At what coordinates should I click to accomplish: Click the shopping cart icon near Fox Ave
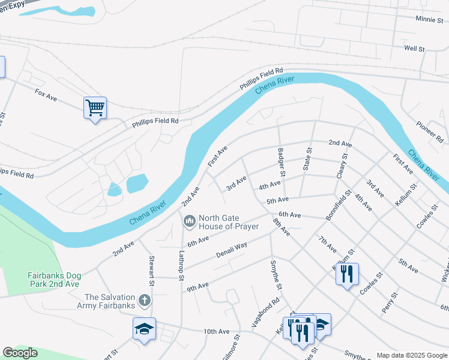point(95,108)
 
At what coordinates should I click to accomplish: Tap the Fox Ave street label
point(46,94)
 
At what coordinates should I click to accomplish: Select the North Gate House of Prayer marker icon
point(190,222)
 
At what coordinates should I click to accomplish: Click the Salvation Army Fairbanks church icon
point(144,299)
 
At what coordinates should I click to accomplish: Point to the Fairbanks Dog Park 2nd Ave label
point(54,280)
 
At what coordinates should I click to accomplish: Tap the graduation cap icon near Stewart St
point(144,329)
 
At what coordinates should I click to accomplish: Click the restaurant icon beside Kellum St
point(347,274)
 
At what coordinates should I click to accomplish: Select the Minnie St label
point(429,19)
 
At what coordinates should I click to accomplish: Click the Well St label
point(414,48)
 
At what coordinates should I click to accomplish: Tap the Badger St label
point(282,162)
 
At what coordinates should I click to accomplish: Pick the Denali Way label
point(232,250)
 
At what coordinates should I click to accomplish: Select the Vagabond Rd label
point(268,311)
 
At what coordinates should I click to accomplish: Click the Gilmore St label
point(231,347)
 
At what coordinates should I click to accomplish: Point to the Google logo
point(20,353)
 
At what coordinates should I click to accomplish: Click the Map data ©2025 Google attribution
point(411,355)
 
